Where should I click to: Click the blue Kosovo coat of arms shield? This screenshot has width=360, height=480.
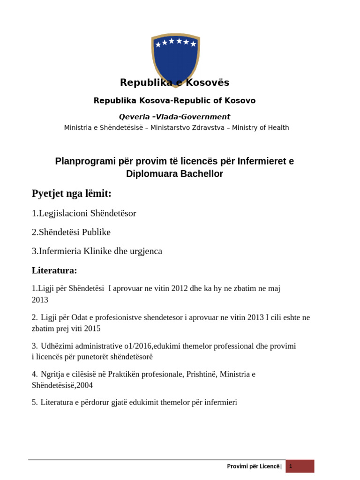pyautogui.click(x=175, y=56)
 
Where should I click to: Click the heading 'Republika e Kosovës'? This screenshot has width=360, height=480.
pyautogui.click(x=174, y=83)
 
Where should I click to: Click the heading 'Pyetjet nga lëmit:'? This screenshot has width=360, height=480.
pyautogui.click(x=71, y=194)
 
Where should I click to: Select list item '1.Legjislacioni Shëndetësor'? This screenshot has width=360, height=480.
pyautogui.click(x=84, y=213)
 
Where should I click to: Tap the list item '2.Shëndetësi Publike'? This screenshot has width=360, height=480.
pyautogui.click(x=71, y=232)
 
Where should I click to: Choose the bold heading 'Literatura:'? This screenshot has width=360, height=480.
pyautogui.click(x=54, y=270)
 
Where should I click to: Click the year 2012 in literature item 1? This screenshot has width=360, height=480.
pyautogui.click(x=180, y=289)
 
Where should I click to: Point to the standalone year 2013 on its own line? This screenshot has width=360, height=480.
pyautogui.click(x=40, y=300)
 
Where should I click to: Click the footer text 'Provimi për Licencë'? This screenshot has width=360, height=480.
pyautogui.click(x=253, y=466)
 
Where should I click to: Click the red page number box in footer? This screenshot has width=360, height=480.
pyautogui.click(x=300, y=466)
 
